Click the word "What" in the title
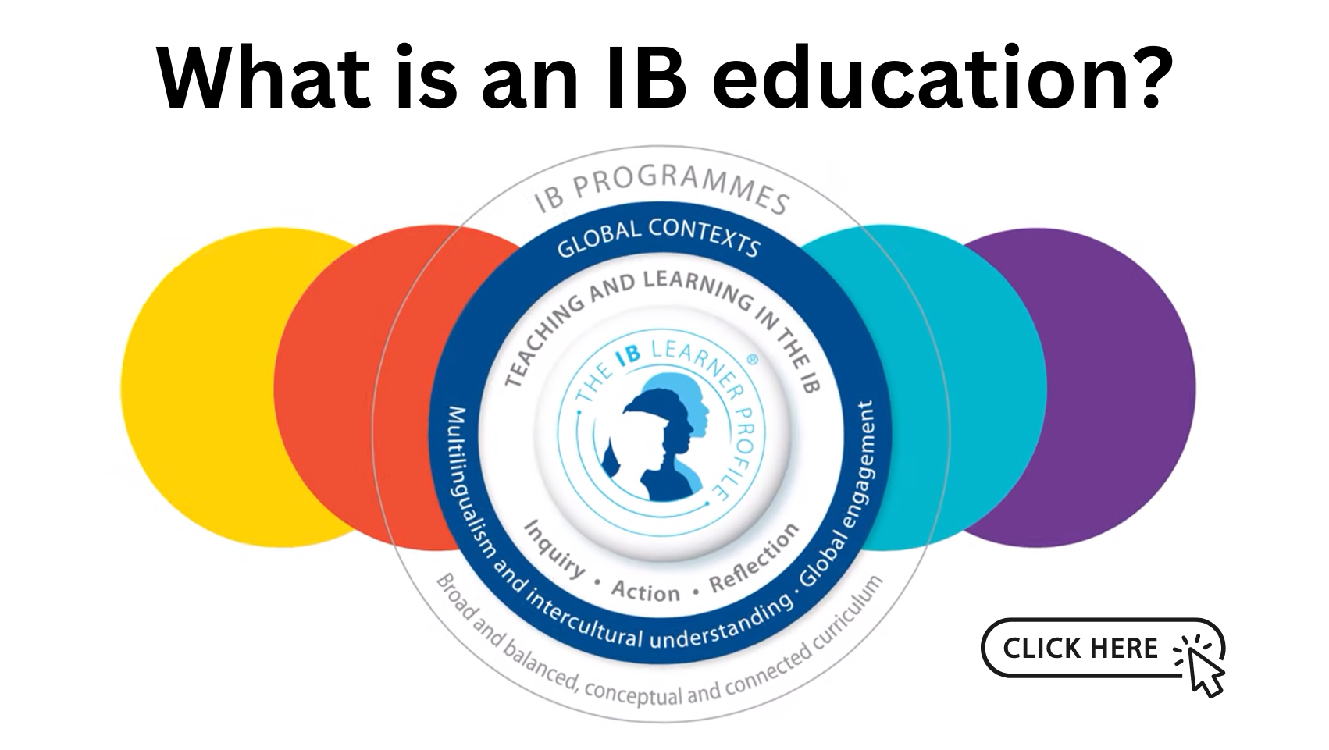(x=264, y=78)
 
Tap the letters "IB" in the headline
(x=646, y=78)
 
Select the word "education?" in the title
(x=942, y=78)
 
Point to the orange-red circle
(x=368, y=387)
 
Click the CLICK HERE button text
(x=1080, y=648)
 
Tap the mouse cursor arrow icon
(x=1204, y=673)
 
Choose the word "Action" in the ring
(x=646, y=591)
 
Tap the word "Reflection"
(x=754, y=558)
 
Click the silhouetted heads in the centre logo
(x=657, y=438)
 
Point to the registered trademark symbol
(x=752, y=360)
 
